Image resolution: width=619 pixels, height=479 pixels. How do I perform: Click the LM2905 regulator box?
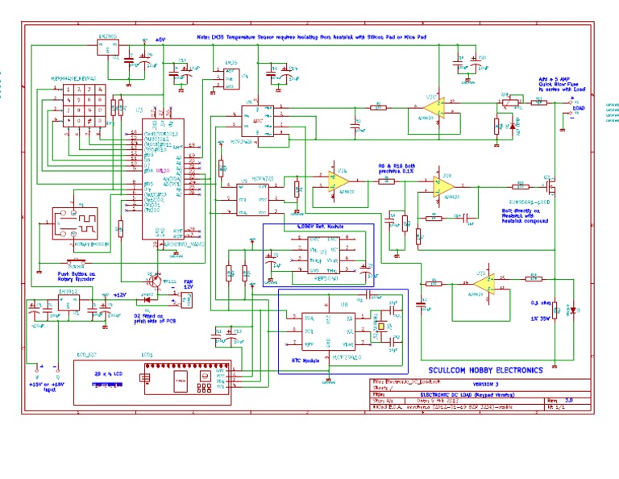coord(108,47)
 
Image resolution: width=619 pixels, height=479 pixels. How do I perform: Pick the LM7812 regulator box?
coord(69,304)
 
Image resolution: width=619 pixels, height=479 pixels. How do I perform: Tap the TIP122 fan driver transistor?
coord(153,280)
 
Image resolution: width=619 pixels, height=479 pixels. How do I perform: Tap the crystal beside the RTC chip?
coord(380,327)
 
